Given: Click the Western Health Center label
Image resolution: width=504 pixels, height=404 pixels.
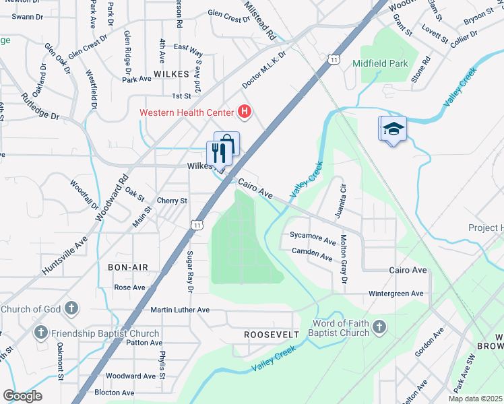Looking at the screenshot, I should pyautogui.click(x=187, y=112).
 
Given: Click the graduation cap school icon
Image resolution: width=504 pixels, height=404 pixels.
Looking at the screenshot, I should pyautogui.click(x=394, y=129).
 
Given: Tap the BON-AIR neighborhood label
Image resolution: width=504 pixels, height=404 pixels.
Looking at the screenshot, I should pyautogui.click(x=127, y=267).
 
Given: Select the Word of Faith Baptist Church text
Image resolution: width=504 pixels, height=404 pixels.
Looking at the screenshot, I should pyautogui.click(x=340, y=328).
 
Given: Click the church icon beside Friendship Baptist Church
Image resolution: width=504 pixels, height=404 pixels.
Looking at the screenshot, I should pyautogui.click(x=41, y=333).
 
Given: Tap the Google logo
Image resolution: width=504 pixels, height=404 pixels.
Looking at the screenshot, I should pyautogui.click(x=22, y=396).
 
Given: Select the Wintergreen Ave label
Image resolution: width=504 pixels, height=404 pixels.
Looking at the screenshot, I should pyautogui.click(x=396, y=294).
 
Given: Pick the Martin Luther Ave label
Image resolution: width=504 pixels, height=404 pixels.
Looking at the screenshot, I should pyautogui.click(x=180, y=310).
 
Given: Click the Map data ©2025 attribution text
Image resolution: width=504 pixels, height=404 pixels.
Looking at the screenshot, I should pyautogui.click(x=475, y=399).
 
